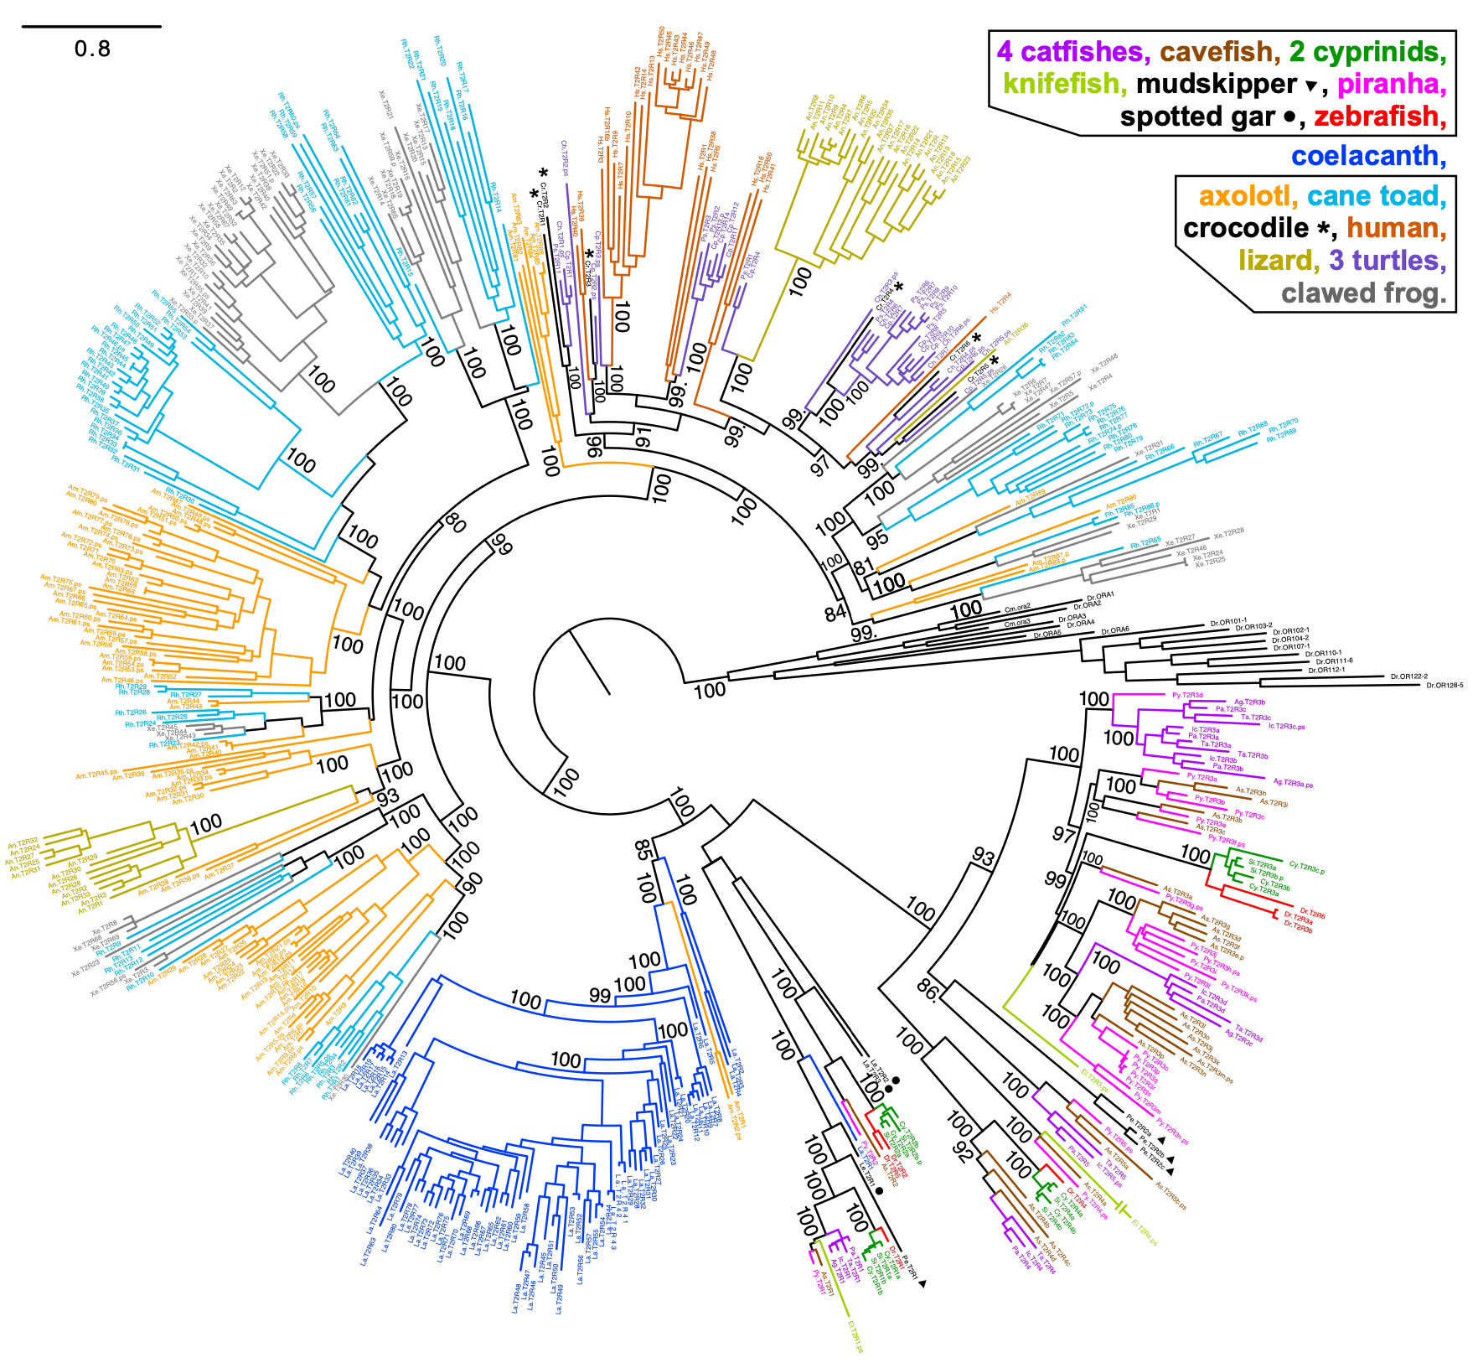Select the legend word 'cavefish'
pos(1219,52)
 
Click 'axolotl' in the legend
pos(1248,196)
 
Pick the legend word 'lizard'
pos(1274,261)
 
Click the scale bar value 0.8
pos(92,49)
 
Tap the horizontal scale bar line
pos(91,27)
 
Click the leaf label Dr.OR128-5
pos(1444,686)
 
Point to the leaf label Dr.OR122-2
pos(1408,676)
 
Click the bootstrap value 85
pos(643,850)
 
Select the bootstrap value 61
pos(643,437)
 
